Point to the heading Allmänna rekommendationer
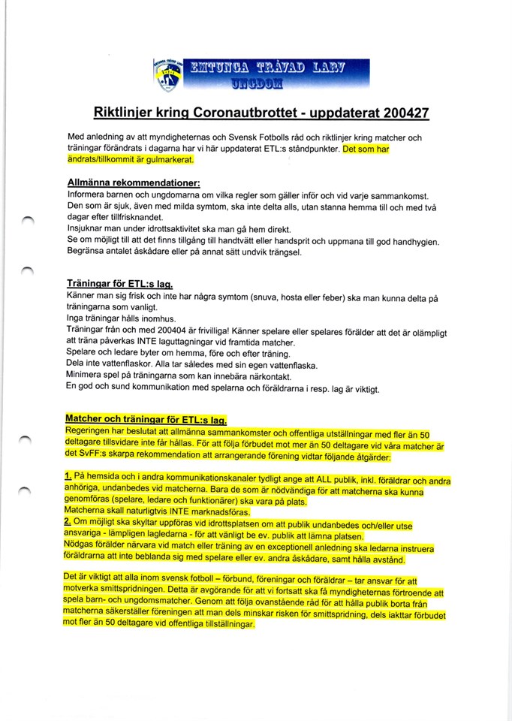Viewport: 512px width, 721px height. [134, 183]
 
